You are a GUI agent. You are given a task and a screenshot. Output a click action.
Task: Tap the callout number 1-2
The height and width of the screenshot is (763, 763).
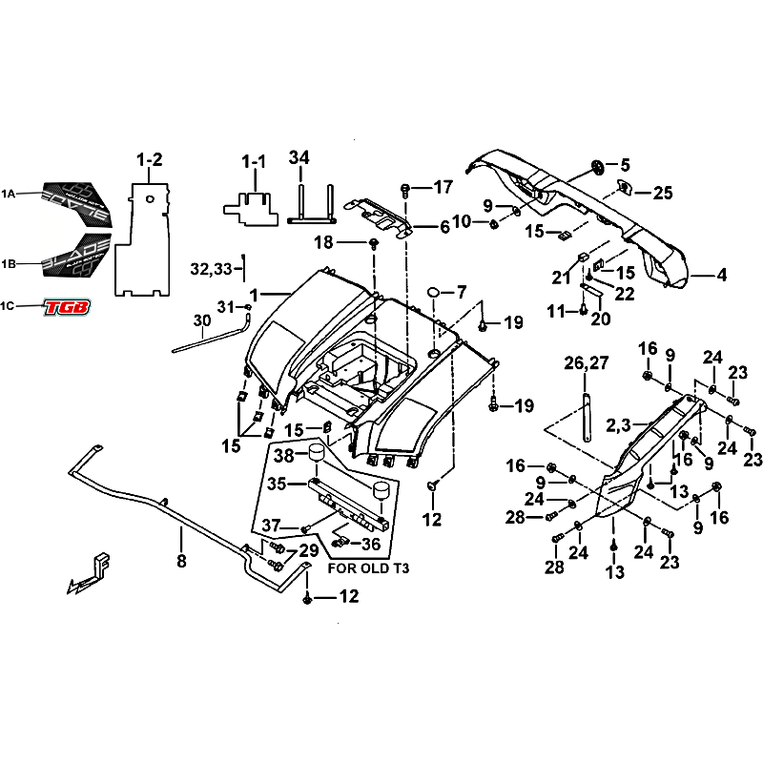coord(150,160)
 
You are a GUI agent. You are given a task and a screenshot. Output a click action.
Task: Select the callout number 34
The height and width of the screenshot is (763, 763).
coord(299,157)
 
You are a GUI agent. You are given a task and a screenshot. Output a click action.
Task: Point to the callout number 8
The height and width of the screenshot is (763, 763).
coord(181,561)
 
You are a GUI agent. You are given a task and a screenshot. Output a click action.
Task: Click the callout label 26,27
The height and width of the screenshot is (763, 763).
coord(586,362)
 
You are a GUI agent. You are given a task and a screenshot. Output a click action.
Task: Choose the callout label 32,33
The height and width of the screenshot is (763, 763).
coord(212,270)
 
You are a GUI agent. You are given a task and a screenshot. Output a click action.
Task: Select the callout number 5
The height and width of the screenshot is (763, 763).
coord(626,164)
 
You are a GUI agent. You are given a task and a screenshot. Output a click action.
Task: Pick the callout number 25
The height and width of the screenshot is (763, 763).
coord(662,193)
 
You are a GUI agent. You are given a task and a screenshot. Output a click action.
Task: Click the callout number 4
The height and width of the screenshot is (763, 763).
coord(722,277)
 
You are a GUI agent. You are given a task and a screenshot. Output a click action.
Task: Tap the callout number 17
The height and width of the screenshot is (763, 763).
coord(443,187)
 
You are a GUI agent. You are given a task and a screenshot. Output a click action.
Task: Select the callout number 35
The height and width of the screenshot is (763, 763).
coord(277,484)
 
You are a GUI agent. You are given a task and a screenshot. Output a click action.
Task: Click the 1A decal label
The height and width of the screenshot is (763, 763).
coord(9,195)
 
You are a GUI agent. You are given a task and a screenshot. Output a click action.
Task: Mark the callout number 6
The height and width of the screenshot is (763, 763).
coord(444,227)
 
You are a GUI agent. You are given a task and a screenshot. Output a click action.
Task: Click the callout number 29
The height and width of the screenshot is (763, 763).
coord(308,551)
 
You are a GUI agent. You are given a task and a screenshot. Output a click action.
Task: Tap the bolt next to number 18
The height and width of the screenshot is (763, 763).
coord(374,244)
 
